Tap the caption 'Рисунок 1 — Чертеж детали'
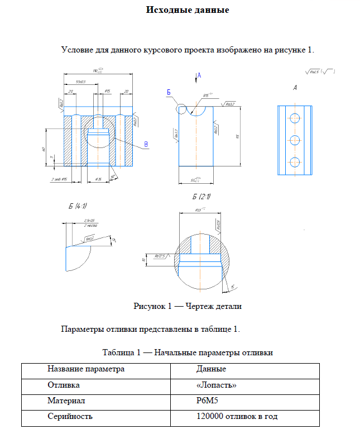[x=187, y=306]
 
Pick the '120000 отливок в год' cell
[x=237, y=416]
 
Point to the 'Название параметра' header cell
[x=86, y=369]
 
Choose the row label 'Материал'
[x=66, y=401]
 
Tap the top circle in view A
[x=295, y=118]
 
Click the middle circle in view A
[x=295, y=140]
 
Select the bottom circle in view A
[x=295, y=162]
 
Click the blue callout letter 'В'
[x=147, y=145]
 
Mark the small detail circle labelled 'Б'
[x=182, y=109]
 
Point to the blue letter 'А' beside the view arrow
[x=199, y=75]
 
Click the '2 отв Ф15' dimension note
[x=59, y=179]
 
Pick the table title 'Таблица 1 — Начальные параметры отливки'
[x=188, y=353]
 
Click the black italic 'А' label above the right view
[x=294, y=88]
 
